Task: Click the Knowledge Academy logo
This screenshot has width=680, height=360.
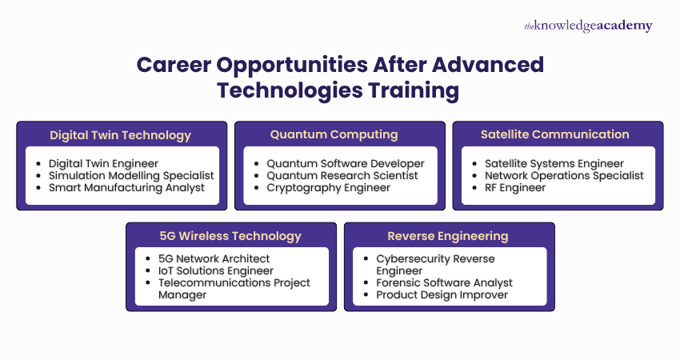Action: (588, 26)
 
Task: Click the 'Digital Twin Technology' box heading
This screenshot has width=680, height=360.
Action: (121, 134)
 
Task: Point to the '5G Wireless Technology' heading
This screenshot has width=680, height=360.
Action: (231, 235)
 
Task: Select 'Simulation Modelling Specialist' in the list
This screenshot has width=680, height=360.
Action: (131, 175)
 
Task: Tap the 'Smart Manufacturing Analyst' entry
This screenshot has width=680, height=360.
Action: (126, 187)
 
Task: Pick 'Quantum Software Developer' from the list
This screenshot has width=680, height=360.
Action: (346, 163)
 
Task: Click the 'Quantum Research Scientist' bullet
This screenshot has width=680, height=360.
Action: (342, 175)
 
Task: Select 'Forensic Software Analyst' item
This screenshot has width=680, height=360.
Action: (444, 282)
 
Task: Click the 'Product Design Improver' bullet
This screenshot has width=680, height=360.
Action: (442, 294)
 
